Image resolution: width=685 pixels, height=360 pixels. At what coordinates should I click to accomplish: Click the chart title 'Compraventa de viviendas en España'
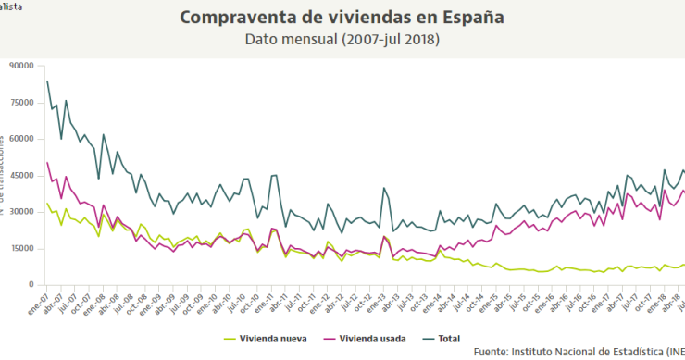[x=342, y=18]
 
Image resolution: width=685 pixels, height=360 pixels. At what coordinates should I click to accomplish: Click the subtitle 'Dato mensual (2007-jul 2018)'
[x=342, y=40]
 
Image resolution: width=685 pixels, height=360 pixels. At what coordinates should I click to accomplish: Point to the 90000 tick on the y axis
[x=20, y=66]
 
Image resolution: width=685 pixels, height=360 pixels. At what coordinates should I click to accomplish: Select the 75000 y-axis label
[x=20, y=103]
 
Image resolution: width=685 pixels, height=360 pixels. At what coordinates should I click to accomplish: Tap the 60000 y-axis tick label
[x=20, y=139]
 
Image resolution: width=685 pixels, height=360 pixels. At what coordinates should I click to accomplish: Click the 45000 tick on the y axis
[x=20, y=176]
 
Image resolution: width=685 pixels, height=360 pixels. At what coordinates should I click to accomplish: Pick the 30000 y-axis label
[x=20, y=212]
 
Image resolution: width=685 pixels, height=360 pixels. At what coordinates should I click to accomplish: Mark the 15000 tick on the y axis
[x=20, y=248]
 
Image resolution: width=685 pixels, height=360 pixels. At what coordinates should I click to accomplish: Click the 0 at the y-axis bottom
[x=31, y=285]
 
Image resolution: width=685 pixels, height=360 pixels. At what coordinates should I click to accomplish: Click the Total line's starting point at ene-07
[x=47, y=81]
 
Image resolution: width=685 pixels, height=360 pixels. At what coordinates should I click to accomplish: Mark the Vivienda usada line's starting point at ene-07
[x=47, y=163]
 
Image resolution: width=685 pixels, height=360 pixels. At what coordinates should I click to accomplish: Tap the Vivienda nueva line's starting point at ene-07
[x=47, y=204]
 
